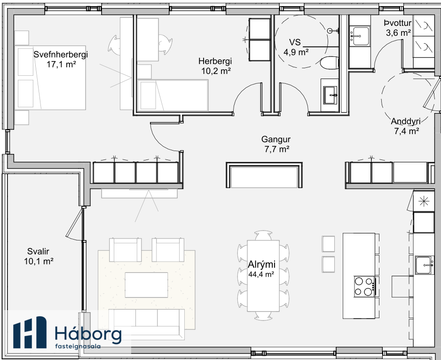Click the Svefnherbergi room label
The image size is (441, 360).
61,54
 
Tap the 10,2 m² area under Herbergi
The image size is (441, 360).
216,71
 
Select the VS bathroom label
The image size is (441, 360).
295,42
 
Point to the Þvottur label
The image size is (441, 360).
398,23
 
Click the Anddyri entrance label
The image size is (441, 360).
406,121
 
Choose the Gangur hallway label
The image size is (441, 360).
276,139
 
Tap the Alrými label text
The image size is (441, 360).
261,264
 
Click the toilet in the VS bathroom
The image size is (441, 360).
330,63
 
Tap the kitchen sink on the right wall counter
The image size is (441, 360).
424,265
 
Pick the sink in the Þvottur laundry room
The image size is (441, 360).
360,36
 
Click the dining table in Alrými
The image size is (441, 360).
263,276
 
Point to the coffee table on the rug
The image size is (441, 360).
146,285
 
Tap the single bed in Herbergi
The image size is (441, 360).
173,95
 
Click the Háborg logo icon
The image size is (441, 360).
30,332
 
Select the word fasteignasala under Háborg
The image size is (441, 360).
78,346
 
